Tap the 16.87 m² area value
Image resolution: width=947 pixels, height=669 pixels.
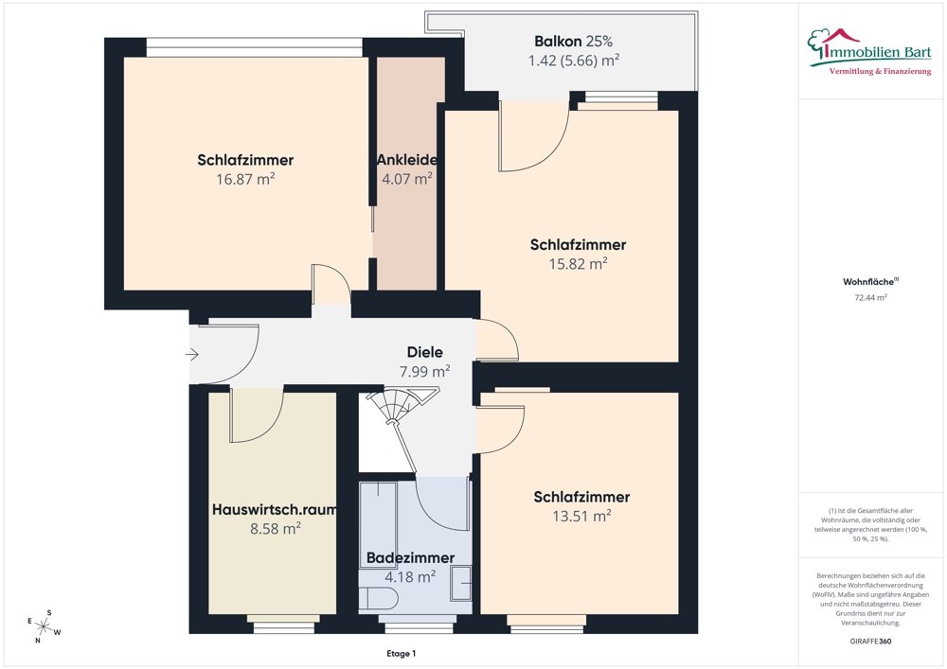tap(245, 177)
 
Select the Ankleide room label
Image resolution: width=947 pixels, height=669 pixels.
tap(406, 159)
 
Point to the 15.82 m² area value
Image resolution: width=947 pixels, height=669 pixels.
tap(578, 264)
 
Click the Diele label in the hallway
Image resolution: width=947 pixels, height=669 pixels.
tap(425, 352)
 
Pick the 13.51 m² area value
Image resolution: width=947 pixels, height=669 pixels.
tap(581, 516)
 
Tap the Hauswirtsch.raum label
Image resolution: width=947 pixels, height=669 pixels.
tap(274, 509)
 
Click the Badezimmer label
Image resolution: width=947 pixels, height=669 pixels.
tap(410, 557)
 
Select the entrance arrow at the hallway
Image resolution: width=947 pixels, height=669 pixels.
tap(191, 355)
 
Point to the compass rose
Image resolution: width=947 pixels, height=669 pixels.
tap(45, 625)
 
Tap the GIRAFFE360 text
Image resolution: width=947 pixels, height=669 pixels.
tap(870, 641)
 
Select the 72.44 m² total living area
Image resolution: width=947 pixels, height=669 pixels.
tap(870, 297)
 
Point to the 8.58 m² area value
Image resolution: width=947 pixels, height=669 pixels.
tap(275, 528)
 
